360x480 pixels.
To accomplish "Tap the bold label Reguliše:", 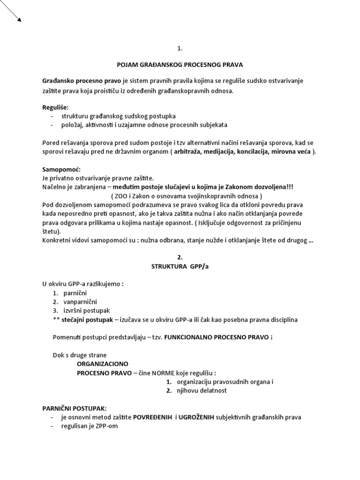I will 55,108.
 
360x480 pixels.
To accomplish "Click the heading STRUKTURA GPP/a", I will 180,267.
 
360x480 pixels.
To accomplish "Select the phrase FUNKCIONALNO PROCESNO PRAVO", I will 216,337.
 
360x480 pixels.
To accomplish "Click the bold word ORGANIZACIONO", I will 102,364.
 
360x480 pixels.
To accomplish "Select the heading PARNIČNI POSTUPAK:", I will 74,408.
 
